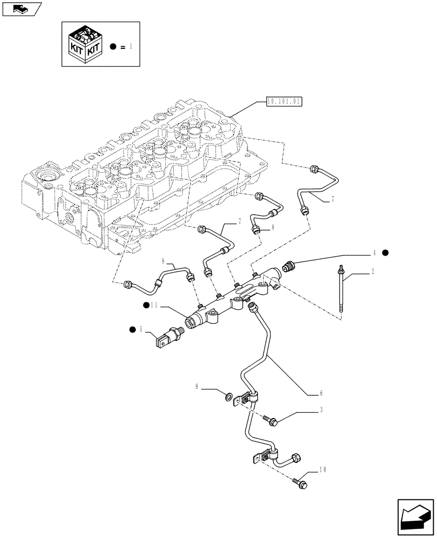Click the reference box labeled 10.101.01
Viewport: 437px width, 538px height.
pos(285,101)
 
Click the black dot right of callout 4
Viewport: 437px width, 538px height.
pos(385,252)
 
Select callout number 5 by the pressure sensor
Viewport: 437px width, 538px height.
pos(141,330)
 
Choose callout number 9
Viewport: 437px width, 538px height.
pos(197,386)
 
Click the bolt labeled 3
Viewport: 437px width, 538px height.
pos(272,421)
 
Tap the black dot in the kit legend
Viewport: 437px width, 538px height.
pos(113,47)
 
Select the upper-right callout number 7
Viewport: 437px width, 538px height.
pos(333,199)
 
